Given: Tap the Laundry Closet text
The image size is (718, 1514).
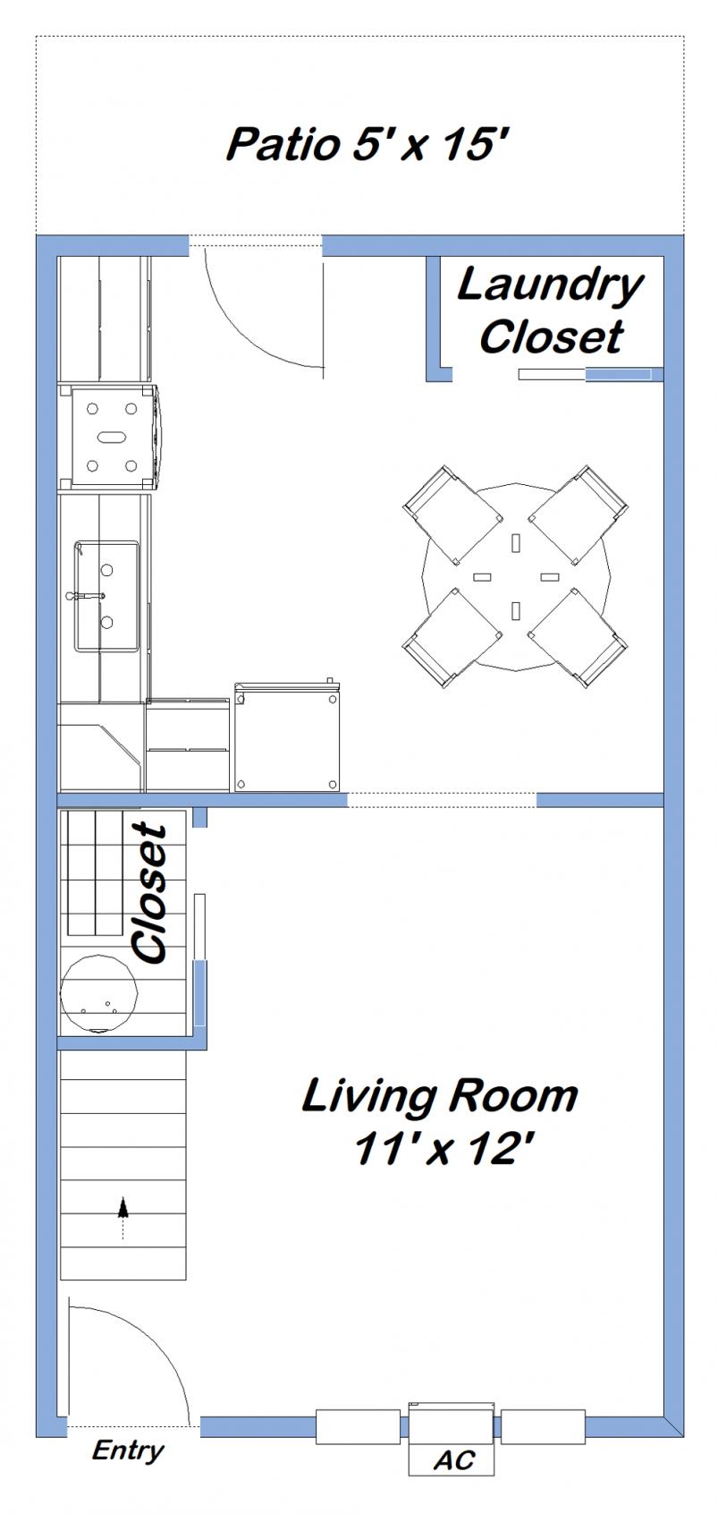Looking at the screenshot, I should [550, 310].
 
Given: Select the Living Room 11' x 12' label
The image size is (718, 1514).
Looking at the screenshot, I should [440, 1120].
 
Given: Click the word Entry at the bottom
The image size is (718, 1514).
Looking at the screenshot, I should [128, 1450].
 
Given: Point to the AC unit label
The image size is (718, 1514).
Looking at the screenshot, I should [453, 1460].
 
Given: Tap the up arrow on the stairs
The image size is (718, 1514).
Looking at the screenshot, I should [122, 1208].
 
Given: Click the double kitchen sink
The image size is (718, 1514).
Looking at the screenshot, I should [106, 595].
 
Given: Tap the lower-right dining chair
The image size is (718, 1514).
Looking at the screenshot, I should [579, 638].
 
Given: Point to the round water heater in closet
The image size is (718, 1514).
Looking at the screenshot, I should [97, 993].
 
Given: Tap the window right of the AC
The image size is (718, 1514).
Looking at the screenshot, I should [543, 1425].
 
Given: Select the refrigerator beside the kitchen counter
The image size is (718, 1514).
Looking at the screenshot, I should [288, 738].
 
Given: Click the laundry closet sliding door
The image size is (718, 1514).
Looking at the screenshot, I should [590, 374].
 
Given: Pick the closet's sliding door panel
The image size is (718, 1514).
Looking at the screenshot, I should [200, 962].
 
